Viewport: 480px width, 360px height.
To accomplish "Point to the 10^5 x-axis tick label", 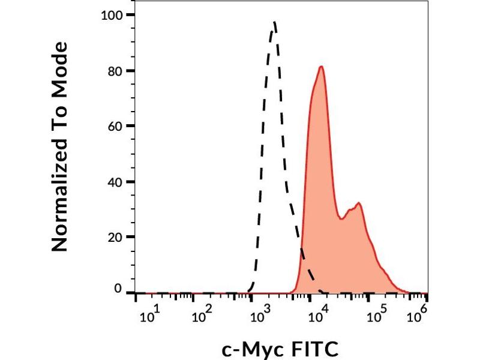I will [x=377, y=313].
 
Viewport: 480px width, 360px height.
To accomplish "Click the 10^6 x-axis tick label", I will [x=418, y=313].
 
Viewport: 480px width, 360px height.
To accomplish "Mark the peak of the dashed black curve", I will [x=274, y=23].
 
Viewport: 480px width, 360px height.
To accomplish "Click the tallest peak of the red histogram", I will [x=322, y=67].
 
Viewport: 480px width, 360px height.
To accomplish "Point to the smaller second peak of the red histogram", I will [x=359, y=203].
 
